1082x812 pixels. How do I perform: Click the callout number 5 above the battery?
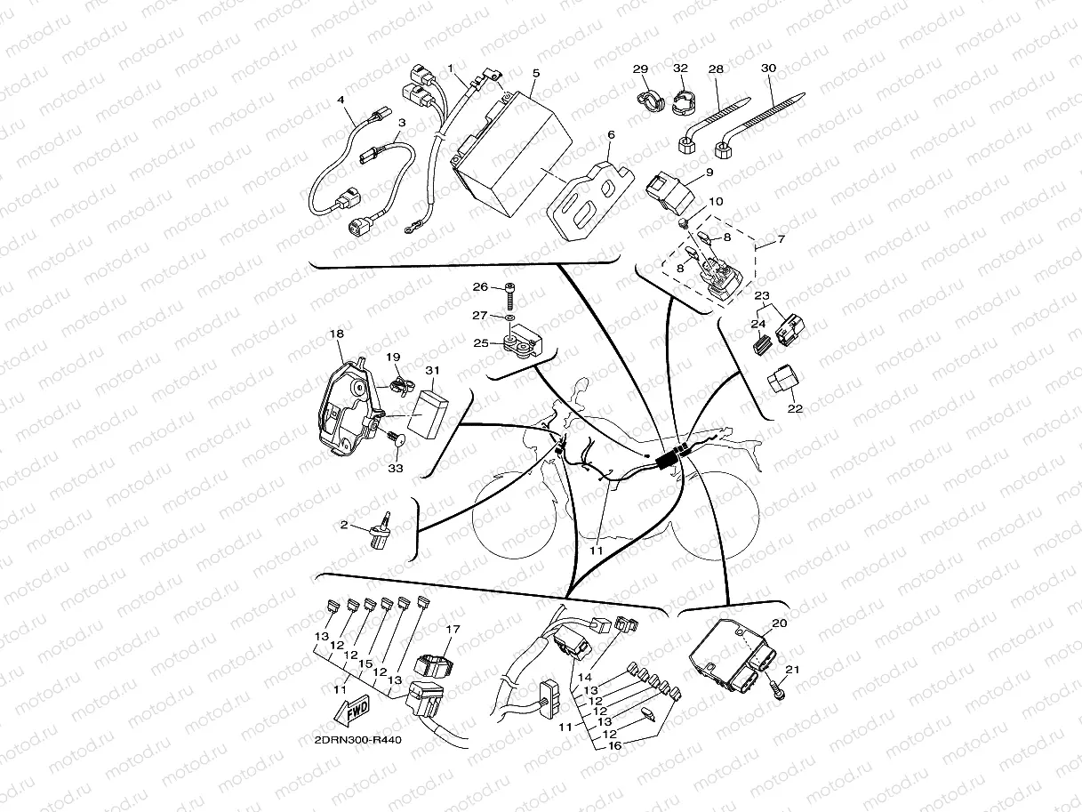tap(536, 73)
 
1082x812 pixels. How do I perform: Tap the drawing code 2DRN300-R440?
tap(358, 740)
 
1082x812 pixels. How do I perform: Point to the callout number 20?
tap(780, 623)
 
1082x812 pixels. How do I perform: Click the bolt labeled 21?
tap(777, 690)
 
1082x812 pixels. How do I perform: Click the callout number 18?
tap(337, 334)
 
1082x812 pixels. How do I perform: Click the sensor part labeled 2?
tap(383, 532)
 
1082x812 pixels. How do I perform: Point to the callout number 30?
tap(769, 68)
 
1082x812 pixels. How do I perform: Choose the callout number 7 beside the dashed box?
tap(781, 239)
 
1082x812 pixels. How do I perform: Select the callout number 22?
tap(795, 408)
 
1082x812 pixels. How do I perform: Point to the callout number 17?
tap(453, 629)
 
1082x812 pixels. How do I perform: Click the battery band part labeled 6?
tap(590, 201)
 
